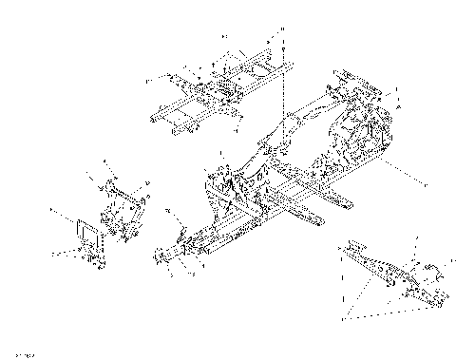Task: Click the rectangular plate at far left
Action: (86, 231)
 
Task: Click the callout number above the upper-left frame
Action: (224, 35)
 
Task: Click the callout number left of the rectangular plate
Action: (55, 211)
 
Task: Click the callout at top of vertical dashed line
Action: (285, 30)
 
